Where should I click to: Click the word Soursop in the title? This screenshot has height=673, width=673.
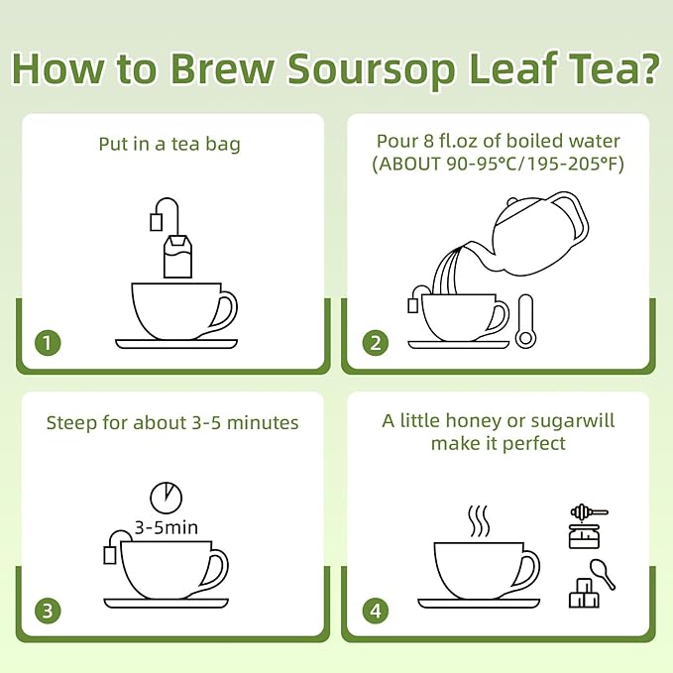[x=371, y=68]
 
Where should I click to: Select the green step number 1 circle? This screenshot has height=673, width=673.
[x=48, y=343]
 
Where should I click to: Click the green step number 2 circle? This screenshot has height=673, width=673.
[x=375, y=343]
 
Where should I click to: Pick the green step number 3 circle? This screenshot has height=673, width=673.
[x=48, y=611]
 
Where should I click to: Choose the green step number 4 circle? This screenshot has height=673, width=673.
[x=375, y=611]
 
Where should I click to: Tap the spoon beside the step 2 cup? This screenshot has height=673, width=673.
[x=525, y=320]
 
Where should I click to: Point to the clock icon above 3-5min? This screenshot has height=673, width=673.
[x=167, y=498]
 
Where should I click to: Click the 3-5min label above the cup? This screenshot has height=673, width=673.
[x=167, y=527]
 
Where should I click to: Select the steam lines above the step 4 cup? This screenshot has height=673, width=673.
[x=478, y=520]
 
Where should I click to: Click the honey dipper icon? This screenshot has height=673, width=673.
[x=589, y=511]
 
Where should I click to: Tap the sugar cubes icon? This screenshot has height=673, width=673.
[x=584, y=593]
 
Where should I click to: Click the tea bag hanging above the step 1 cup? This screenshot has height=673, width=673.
[x=177, y=256]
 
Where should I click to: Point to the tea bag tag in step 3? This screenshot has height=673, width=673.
[x=110, y=554]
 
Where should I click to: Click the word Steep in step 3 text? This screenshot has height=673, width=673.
[x=71, y=423]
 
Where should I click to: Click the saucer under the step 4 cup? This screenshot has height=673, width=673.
[x=479, y=604]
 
